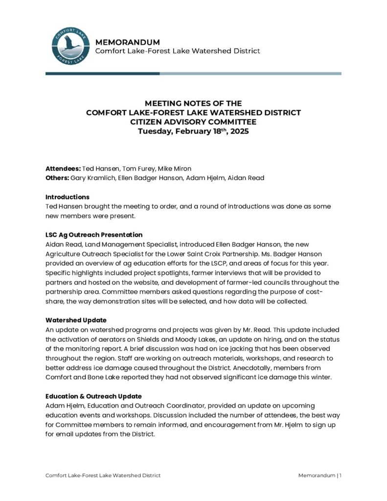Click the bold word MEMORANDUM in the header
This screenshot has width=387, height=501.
pyautogui.click(x=127, y=42)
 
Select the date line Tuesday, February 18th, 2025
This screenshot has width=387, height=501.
pyautogui.click(x=193, y=131)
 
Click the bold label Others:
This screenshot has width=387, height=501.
pyautogui.click(x=57, y=178)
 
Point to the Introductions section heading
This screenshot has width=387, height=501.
pyautogui.click(x=68, y=197)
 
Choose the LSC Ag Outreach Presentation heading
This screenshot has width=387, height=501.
pyautogui.click(x=94, y=235)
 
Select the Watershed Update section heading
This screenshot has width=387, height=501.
pyautogui.click(x=76, y=320)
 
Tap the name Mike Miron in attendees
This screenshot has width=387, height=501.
pyautogui.click(x=164, y=169)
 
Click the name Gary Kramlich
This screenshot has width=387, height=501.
pyautogui.click(x=93, y=178)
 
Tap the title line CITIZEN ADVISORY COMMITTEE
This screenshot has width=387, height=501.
pyautogui.click(x=193, y=122)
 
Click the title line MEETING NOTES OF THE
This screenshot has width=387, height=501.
pyautogui.click(x=193, y=103)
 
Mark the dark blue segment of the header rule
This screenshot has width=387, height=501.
pyautogui.click(x=102, y=73)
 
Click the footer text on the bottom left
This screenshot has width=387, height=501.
pyautogui.click(x=103, y=476)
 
